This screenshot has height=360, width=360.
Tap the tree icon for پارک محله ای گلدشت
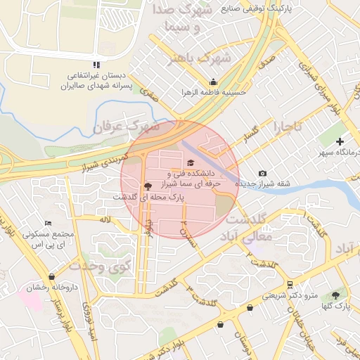point(147,186)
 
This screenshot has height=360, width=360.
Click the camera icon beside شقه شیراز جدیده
point(262,174)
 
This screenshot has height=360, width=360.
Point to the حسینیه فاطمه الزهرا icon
point(213,82)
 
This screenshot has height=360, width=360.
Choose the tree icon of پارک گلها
point(335,295)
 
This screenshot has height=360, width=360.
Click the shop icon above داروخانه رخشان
point(51,276)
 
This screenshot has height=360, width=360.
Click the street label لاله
point(106,220)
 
